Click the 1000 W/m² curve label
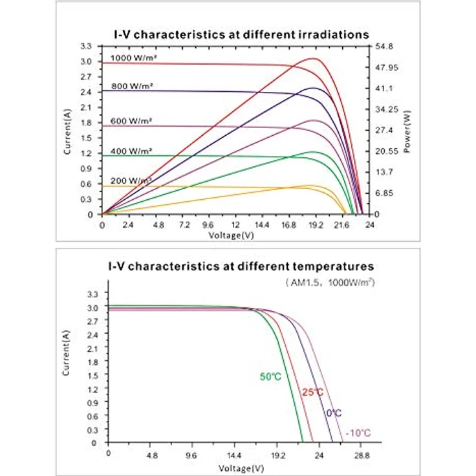(134, 58)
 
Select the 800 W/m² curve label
(131, 86)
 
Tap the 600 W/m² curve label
(131, 121)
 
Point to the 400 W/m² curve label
(131, 151)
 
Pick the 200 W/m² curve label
(131, 180)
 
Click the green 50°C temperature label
(270, 377)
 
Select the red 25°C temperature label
(312, 392)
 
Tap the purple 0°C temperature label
(334, 413)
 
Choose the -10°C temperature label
(358, 433)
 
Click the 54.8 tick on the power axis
(384, 47)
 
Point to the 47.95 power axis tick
(387, 67)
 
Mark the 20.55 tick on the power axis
(387, 151)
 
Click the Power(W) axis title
(407, 131)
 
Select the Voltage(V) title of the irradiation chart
(231, 235)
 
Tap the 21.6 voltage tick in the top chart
(341, 225)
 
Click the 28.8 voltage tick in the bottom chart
(362, 455)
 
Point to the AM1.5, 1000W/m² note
(330, 283)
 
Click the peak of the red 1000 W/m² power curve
(312, 58)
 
